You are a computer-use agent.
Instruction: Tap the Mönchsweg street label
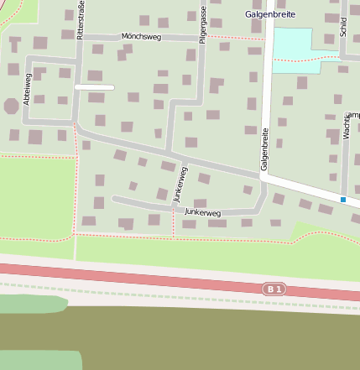pos(141,37)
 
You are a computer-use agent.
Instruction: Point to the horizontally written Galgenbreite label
pos(270,14)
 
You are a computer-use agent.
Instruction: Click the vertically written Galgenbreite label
pos(265,149)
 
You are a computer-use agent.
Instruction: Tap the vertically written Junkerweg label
pos(180,185)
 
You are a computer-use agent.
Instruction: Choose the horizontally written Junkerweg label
pos(202,213)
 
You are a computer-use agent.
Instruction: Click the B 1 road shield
pos(274,289)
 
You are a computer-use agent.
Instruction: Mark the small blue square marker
pos(343,199)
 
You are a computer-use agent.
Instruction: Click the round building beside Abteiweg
pos(11,106)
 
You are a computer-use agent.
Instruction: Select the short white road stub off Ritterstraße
pos(94,87)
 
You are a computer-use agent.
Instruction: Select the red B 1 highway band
pos(168,279)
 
